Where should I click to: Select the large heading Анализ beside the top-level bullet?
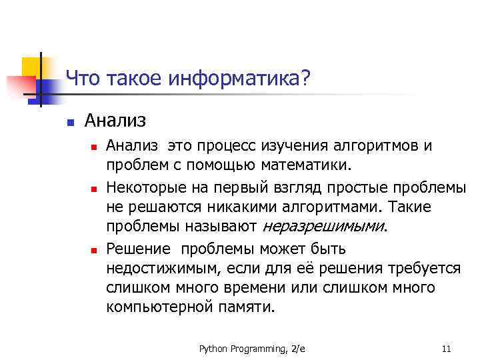tap(115, 121)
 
